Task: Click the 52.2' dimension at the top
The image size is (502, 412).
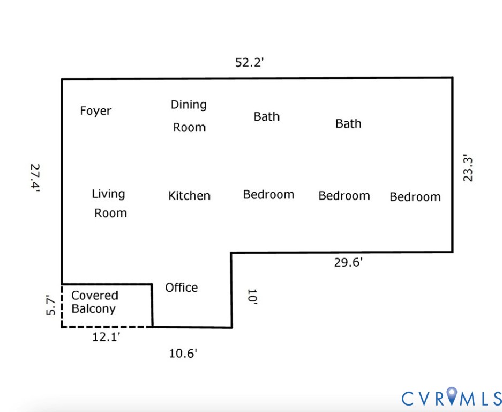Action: tap(250, 62)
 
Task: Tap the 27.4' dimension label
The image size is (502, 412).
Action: tap(35, 177)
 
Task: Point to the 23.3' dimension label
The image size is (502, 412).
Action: tap(468, 168)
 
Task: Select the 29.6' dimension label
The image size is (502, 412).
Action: tap(348, 262)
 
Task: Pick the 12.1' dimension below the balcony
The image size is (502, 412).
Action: tap(106, 337)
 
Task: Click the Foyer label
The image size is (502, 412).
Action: tap(96, 111)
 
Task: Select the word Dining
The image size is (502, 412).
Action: tap(189, 105)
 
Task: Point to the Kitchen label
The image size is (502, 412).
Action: tap(189, 196)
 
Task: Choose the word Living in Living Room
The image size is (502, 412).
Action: tap(108, 194)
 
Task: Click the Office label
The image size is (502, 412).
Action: tap(181, 288)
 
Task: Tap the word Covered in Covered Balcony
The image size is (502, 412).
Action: tap(95, 296)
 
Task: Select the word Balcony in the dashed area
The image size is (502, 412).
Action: tap(93, 309)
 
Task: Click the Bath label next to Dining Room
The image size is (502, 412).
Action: tap(266, 116)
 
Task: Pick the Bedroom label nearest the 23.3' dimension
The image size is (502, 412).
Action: tap(415, 197)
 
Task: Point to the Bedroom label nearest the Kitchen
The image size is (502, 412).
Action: tap(268, 194)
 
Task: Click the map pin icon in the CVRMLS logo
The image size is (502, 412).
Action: tap(453, 396)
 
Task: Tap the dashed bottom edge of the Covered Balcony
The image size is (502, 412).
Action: tap(107, 327)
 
